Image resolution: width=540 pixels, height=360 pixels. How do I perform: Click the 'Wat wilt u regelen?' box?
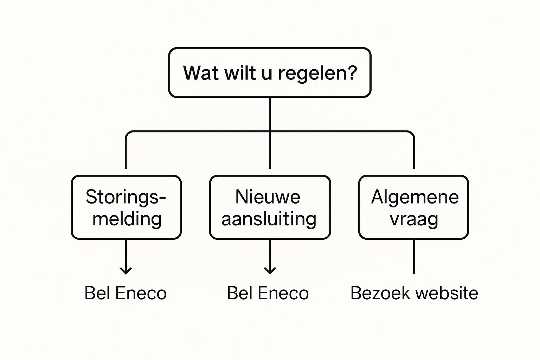pyautogui.click(x=270, y=72)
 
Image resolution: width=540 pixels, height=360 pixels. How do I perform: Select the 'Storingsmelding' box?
pyautogui.click(x=126, y=207)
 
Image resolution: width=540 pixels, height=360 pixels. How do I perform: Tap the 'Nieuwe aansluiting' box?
pyautogui.click(x=270, y=207)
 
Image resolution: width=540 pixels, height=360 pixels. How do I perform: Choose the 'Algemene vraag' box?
pyautogui.click(x=414, y=207)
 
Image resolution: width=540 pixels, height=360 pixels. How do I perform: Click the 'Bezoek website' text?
pyautogui.click(x=414, y=293)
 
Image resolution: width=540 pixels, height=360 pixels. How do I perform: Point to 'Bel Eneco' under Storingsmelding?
pyautogui.click(x=126, y=293)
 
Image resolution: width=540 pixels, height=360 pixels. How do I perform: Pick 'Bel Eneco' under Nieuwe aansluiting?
pyautogui.click(x=268, y=293)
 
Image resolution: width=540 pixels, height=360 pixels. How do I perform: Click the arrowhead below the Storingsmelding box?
pyautogui.click(x=126, y=271)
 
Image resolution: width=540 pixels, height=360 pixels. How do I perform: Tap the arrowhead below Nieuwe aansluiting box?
pyautogui.click(x=270, y=271)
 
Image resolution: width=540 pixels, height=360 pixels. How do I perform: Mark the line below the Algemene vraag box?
pyautogui.click(x=414, y=257)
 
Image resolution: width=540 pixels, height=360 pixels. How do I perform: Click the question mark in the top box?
pyautogui.click(x=351, y=72)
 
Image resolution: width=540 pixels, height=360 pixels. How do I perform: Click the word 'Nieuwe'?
pyautogui.click(x=268, y=197)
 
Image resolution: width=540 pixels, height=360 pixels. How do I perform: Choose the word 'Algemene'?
pyautogui.click(x=415, y=197)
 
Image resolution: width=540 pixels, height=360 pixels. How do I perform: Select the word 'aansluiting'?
pyautogui.click(x=269, y=219)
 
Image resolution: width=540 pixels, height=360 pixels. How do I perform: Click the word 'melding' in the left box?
pyautogui.click(x=127, y=219)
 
